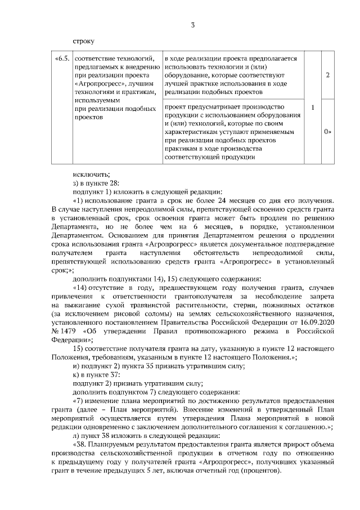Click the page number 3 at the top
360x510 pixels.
[193, 25]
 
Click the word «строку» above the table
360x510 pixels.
[84, 41]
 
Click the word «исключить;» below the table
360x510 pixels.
[91, 174]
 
